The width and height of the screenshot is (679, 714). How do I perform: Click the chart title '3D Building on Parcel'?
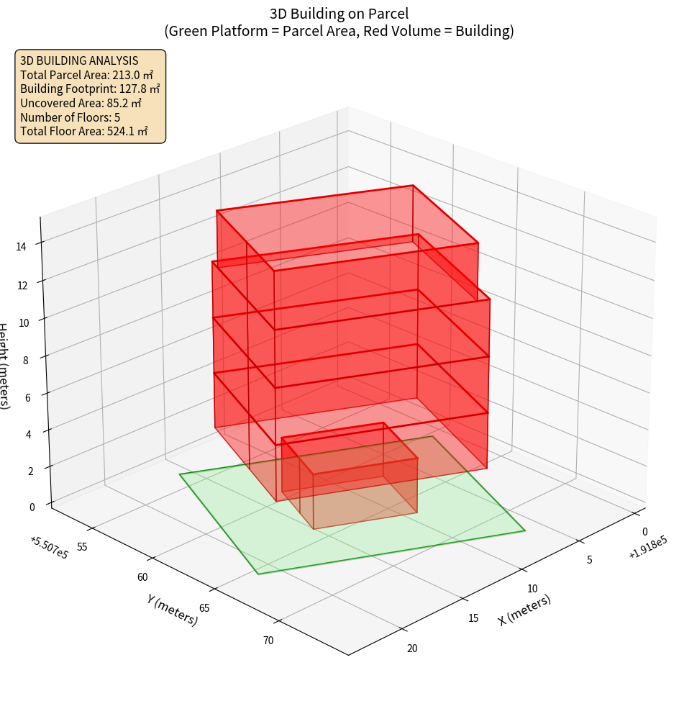click(x=339, y=13)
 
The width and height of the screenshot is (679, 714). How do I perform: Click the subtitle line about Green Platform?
click(x=339, y=31)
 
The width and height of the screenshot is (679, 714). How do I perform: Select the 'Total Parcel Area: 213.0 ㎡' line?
click(x=86, y=75)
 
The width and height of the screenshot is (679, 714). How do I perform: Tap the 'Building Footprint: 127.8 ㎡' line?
click(x=90, y=89)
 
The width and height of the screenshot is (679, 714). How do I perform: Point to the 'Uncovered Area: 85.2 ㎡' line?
click(x=83, y=103)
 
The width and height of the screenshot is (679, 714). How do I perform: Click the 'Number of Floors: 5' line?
click(x=70, y=117)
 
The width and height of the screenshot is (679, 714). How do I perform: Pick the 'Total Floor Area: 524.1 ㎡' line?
click(x=84, y=131)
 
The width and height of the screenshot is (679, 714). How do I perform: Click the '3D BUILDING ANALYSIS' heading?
click(x=79, y=61)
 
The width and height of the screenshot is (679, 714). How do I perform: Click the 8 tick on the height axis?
click(x=27, y=360)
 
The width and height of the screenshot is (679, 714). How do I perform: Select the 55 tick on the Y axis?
click(x=82, y=547)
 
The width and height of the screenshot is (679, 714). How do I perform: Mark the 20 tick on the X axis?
click(x=412, y=649)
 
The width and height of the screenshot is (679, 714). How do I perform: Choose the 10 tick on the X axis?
click(x=532, y=589)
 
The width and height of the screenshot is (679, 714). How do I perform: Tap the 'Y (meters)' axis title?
click(x=173, y=609)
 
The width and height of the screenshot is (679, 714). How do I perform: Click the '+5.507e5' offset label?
click(x=49, y=548)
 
